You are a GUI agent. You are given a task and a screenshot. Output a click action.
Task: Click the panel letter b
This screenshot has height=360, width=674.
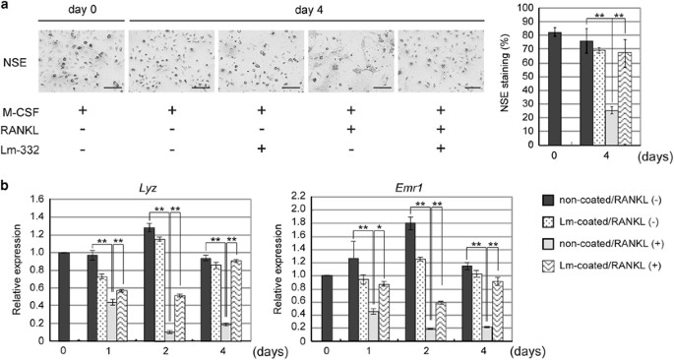8,184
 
